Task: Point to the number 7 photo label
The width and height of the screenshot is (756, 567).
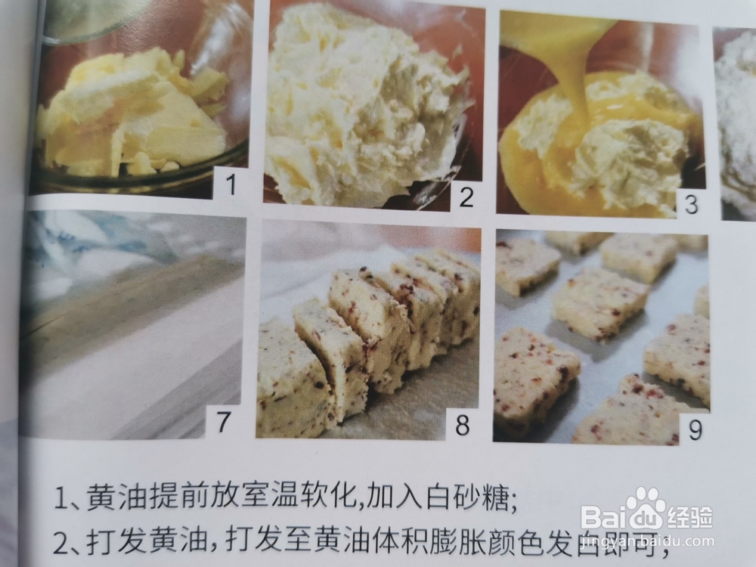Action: (x=222, y=422)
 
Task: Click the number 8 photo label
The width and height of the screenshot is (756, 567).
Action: (x=461, y=424)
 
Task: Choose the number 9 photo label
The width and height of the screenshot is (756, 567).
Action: (x=694, y=429)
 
